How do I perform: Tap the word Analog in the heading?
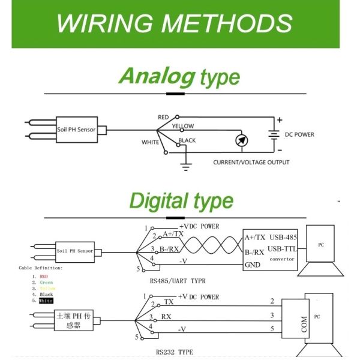(x=157, y=76)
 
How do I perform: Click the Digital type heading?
(x=181, y=200)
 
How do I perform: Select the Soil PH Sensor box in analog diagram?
(x=77, y=129)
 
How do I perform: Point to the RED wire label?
(x=163, y=117)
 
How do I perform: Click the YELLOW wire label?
(x=182, y=127)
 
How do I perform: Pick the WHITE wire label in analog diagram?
(x=151, y=142)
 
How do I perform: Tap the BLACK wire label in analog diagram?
(x=187, y=140)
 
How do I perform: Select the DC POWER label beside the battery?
(x=299, y=134)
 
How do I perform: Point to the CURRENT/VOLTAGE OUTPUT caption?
(x=251, y=163)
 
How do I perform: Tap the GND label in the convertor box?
(x=253, y=265)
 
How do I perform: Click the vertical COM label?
(x=304, y=326)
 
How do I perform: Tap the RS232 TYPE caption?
(x=175, y=353)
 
